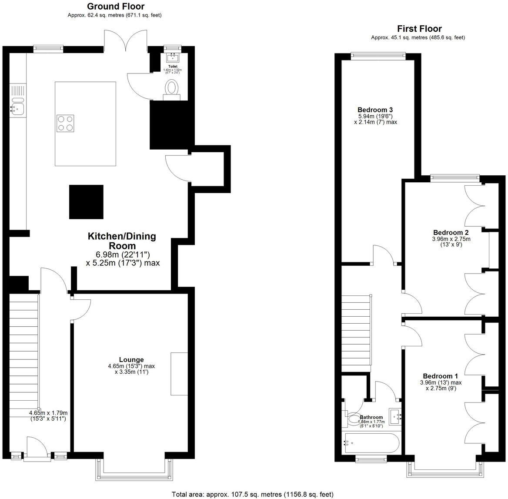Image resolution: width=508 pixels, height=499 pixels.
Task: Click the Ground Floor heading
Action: click(x=115, y=6)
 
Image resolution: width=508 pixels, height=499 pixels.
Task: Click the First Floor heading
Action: click(x=419, y=29)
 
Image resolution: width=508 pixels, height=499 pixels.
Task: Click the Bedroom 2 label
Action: click(x=451, y=232)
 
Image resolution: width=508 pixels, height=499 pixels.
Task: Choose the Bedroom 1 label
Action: click(x=440, y=376)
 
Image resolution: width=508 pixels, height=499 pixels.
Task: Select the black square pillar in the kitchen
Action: click(x=87, y=202)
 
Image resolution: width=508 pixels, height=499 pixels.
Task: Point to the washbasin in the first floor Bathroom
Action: click(x=396, y=417)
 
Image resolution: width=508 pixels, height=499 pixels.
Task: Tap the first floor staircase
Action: click(x=356, y=331)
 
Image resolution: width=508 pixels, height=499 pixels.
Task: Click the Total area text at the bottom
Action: click(x=253, y=494)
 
